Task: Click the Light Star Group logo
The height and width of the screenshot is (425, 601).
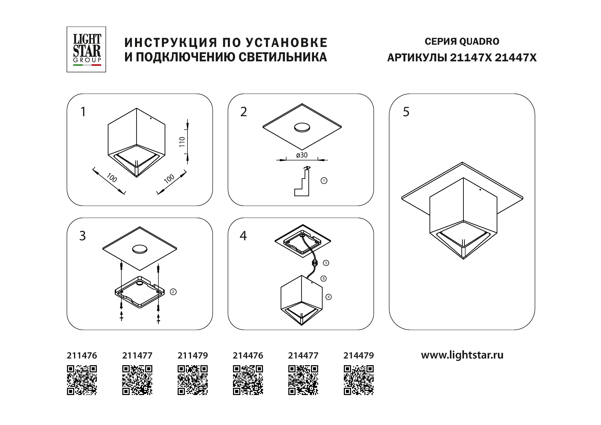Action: point(86,49)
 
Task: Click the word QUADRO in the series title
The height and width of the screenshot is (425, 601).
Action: point(479,41)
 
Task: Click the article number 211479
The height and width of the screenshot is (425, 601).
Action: point(193,355)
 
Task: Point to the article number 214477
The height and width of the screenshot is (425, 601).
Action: point(303,355)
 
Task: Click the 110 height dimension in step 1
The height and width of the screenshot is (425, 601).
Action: point(182,142)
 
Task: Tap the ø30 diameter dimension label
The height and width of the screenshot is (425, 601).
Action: point(302,155)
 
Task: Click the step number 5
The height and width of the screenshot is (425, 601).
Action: point(406,112)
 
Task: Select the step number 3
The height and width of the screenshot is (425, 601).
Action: point(82,236)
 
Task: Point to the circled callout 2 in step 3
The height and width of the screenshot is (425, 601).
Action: point(173,292)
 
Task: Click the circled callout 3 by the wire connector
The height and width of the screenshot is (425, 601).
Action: point(326,263)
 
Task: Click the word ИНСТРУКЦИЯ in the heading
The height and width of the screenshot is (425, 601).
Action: point(171,43)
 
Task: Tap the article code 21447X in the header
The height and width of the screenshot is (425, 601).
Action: point(516,58)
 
